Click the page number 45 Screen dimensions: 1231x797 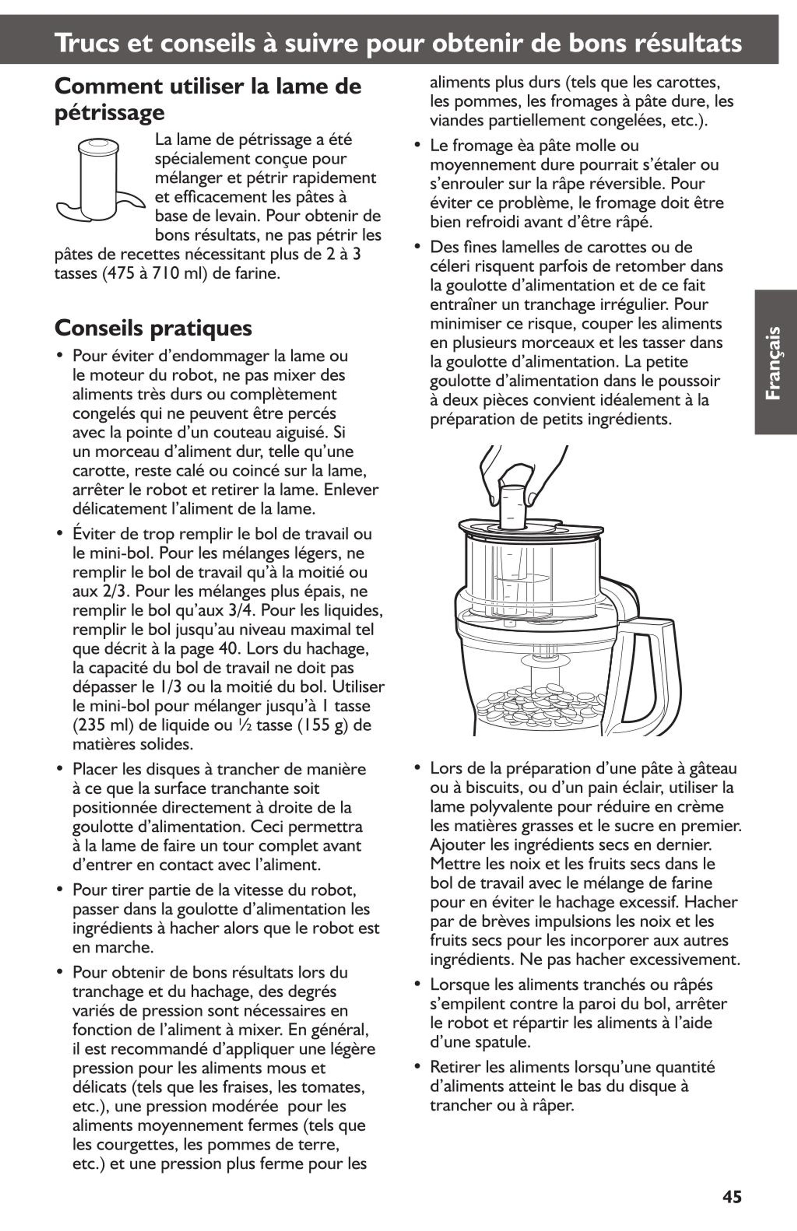[732, 1196]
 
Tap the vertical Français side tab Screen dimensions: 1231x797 [775, 362]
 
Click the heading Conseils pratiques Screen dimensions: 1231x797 [153, 328]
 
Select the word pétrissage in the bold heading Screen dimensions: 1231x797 [110, 113]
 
